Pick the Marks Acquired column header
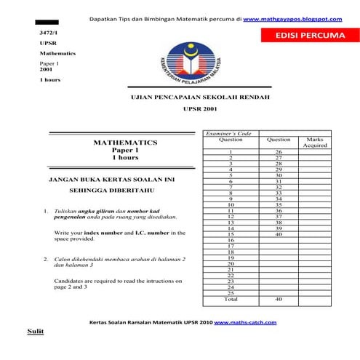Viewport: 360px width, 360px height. [x=315, y=142]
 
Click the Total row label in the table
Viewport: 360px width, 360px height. [x=231, y=299]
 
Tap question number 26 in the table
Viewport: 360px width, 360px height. [x=279, y=151]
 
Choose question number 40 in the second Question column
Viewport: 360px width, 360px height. [x=279, y=234]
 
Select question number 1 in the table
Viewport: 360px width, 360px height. [x=231, y=151]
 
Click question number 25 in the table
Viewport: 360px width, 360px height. [x=231, y=292]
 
